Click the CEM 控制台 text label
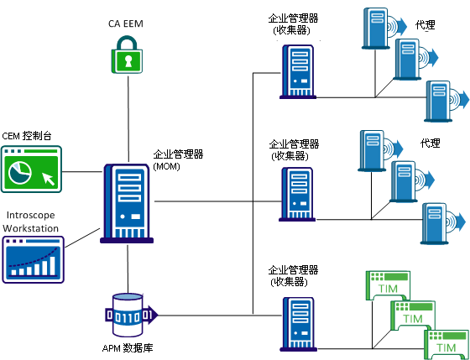click(32, 135)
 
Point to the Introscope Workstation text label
click(32, 222)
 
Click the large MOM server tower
click(128, 201)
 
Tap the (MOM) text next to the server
click(165, 167)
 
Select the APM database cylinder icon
click(128, 316)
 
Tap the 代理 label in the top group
click(425, 25)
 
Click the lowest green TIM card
click(446, 342)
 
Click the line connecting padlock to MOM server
click(128, 117)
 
